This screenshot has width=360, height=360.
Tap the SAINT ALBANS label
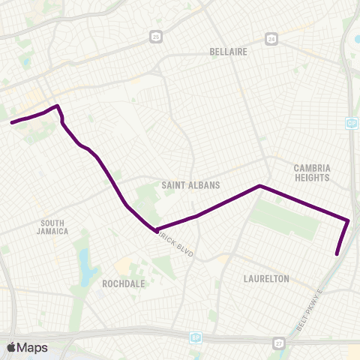click(184, 184)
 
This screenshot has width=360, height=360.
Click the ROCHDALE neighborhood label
click(124, 284)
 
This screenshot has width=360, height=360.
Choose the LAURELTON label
click(266, 278)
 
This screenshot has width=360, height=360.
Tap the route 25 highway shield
click(155, 35)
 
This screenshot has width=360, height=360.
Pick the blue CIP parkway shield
click(351, 121)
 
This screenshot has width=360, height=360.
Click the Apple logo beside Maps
click(12, 347)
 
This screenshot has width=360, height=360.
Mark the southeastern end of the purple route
click(337, 254)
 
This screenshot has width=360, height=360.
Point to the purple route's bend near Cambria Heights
click(259, 185)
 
